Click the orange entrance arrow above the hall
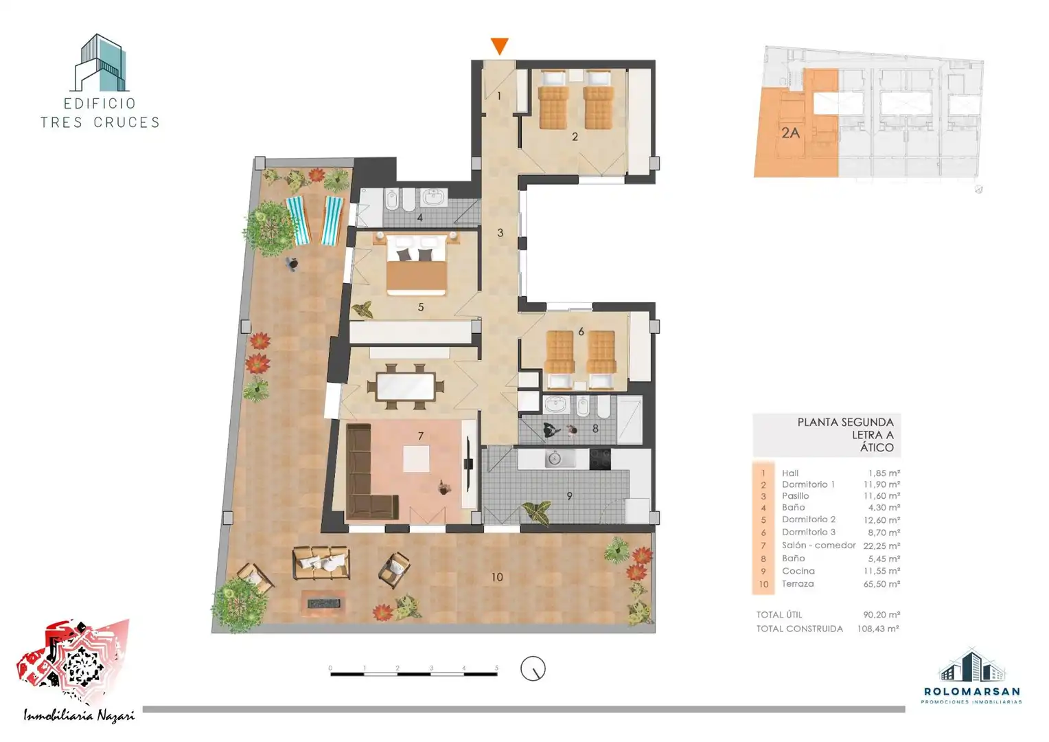(x=499, y=46)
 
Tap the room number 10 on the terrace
(x=497, y=577)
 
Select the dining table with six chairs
(x=406, y=387)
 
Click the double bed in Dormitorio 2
(x=416, y=265)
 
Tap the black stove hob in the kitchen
(x=600, y=459)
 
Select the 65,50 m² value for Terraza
(x=881, y=584)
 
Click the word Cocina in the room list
(x=798, y=571)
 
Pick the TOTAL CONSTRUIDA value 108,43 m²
(x=878, y=629)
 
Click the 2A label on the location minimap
(x=790, y=133)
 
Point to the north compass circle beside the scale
(x=533, y=668)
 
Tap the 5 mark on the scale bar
(x=496, y=668)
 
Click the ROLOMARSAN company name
(x=971, y=691)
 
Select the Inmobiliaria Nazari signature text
(x=79, y=715)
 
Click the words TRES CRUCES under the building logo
(x=100, y=122)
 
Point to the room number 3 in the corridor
(x=500, y=232)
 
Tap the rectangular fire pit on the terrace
(x=323, y=603)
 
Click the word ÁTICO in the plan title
(x=877, y=448)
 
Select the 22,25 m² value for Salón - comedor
(x=881, y=546)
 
